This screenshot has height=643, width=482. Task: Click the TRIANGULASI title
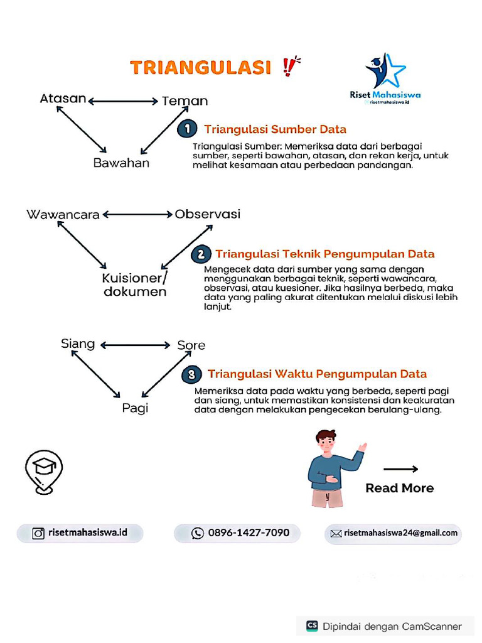coord(200,67)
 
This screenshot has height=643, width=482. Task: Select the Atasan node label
coord(63,99)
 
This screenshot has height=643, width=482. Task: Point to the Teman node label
coord(185,101)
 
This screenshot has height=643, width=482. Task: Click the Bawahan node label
coord(121,163)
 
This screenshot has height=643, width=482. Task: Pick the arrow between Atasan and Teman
coord(123,100)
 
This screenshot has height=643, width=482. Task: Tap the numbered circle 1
coord(186,129)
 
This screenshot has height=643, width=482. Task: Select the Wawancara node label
coord(63,215)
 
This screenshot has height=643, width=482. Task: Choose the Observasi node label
coord(207,214)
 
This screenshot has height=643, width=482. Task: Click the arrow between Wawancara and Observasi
coord(137,214)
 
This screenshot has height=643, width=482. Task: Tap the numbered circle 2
coord(201,254)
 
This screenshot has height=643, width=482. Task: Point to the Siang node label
coord(78,343)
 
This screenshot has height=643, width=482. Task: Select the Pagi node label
coord(135,409)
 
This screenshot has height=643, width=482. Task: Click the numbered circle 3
coord(191,375)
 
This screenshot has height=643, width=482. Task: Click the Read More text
coord(399,488)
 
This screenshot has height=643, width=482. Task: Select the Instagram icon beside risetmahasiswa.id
coord(38,533)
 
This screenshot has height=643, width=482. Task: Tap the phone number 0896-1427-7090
coord(249,533)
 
